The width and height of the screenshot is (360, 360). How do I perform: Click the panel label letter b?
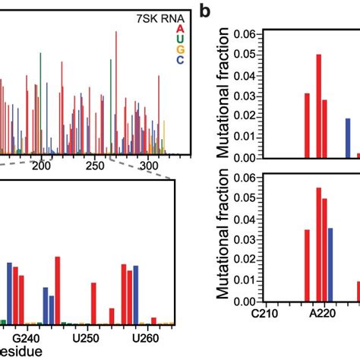[x=204, y=11]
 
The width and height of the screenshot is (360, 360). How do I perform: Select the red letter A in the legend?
[x=179, y=29]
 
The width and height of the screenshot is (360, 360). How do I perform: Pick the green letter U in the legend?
[x=179, y=39]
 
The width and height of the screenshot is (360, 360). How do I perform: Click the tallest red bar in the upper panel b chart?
[x=319, y=106]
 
